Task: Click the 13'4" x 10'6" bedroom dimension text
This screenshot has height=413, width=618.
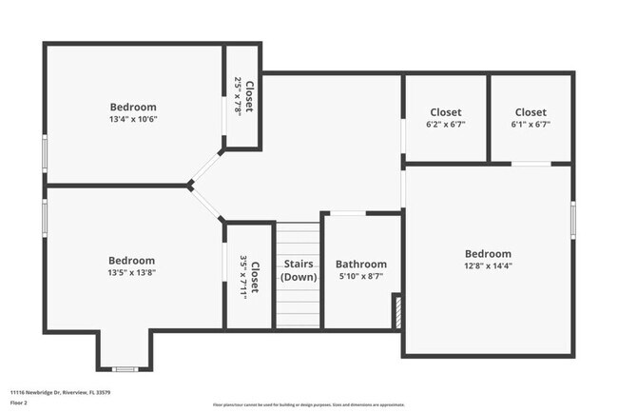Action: (133, 120)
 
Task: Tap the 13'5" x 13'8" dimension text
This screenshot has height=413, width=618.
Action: (131, 273)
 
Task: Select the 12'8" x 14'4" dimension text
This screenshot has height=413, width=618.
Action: (488, 266)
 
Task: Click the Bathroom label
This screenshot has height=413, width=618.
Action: (361, 264)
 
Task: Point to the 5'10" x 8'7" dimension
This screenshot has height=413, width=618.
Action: (361, 277)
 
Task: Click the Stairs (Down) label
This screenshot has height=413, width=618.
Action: (299, 270)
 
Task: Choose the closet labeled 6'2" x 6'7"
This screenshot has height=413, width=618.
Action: (445, 118)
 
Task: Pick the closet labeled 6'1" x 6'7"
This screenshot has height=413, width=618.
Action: (531, 118)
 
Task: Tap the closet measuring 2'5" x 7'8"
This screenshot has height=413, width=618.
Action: (243, 97)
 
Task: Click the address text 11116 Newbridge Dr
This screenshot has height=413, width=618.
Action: (60, 391)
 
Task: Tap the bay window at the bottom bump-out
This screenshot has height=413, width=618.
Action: (125, 368)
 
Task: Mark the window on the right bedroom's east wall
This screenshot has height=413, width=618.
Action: (572, 219)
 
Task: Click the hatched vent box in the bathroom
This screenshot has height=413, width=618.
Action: (397, 312)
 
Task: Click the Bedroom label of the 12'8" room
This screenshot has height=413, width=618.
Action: (488, 254)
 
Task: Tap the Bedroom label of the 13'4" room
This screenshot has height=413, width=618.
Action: (133, 108)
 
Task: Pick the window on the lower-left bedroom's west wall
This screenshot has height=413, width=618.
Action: (45, 217)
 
